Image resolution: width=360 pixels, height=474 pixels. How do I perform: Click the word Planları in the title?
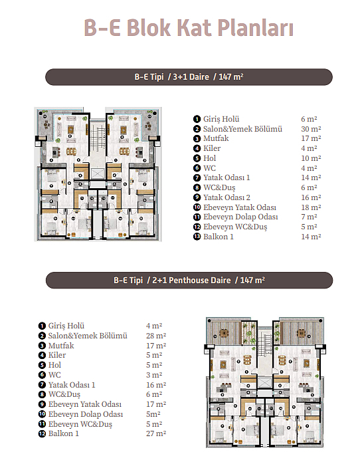(x=255, y=28)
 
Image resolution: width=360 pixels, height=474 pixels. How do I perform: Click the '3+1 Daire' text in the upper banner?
(x=191, y=76)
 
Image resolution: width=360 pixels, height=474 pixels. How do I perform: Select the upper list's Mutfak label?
(x=216, y=138)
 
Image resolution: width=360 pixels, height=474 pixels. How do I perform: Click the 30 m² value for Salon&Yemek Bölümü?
(x=311, y=129)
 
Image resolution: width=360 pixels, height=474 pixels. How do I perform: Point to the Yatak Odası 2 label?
(x=226, y=197)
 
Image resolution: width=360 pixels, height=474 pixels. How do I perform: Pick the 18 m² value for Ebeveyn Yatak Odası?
(x=311, y=207)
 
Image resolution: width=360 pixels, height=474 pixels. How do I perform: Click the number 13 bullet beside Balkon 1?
(x=197, y=237)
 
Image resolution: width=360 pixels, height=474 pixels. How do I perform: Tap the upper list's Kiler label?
(x=212, y=148)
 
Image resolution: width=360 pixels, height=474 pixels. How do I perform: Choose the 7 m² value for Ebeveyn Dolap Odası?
(x=309, y=217)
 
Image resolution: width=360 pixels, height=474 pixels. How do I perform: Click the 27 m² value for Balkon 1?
(x=156, y=433)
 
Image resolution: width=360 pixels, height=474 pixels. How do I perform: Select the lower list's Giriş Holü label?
(x=66, y=326)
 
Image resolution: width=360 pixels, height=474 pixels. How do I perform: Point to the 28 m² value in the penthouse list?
(x=156, y=336)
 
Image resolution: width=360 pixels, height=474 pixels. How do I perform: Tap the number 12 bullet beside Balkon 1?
(x=42, y=434)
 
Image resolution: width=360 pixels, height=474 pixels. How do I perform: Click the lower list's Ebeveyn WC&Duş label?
(x=80, y=424)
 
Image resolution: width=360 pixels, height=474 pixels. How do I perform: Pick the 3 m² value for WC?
(x=154, y=375)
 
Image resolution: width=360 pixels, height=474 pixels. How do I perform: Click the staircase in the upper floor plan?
(x=97, y=135)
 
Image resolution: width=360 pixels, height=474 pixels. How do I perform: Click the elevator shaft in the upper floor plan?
(x=97, y=174)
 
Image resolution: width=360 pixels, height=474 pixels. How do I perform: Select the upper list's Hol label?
(x=209, y=158)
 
